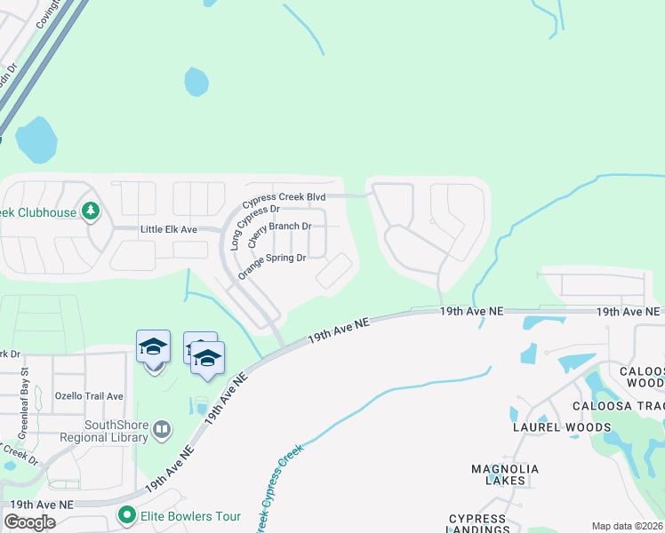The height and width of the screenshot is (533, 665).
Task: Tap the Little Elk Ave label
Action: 180,229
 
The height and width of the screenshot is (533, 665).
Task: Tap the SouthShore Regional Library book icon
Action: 161,431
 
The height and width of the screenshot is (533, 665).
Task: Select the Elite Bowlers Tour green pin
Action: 127,515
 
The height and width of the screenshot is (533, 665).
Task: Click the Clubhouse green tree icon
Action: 90,211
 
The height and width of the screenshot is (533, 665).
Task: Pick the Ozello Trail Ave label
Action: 89,395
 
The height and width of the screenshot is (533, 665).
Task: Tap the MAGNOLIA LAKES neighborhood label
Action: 505,474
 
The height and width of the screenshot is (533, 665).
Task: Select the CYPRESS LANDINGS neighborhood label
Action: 478,524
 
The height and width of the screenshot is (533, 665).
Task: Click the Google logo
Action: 29,522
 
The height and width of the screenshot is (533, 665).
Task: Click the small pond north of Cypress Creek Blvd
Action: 196,82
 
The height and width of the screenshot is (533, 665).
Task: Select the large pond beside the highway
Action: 36,139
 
